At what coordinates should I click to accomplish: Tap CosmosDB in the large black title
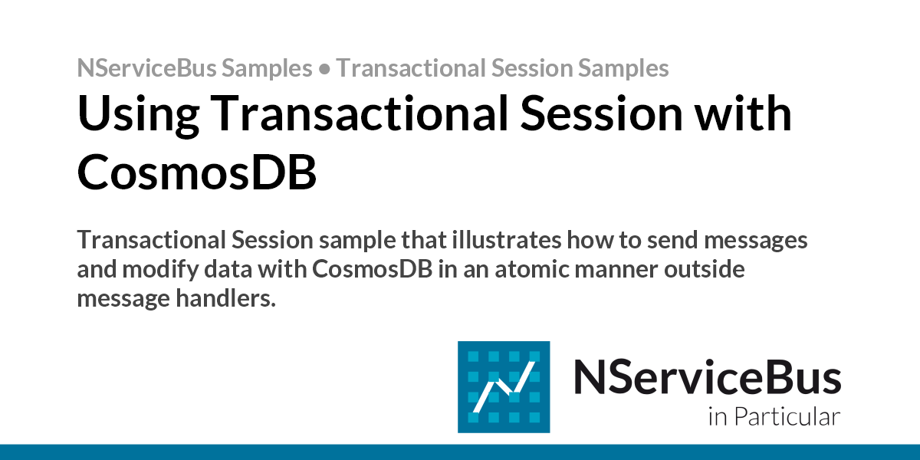coord(197,173)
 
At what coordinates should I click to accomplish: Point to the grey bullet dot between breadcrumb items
coord(324,68)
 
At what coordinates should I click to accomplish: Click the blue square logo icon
coord(504,386)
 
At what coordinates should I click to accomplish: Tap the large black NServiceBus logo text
coord(707,376)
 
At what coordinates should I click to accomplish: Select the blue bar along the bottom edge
coord(460,452)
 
